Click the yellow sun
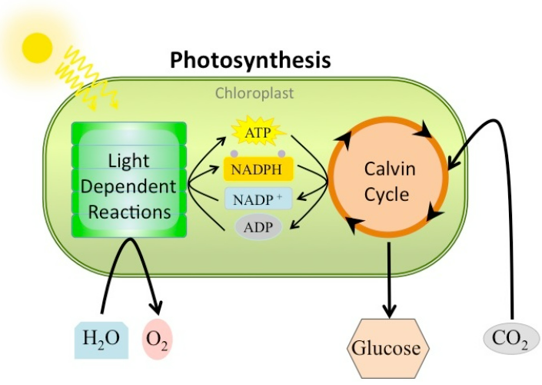point(36,48)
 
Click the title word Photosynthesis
point(250,60)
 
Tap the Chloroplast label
point(254,94)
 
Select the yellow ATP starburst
point(258,133)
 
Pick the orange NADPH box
point(258,168)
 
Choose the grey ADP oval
point(258,226)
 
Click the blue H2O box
point(101,338)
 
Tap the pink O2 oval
point(157,340)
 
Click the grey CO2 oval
point(511,339)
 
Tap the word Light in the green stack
point(129,162)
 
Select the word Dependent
point(129,186)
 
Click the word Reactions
point(129,211)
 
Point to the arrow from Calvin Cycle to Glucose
point(390,277)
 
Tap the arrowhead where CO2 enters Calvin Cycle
point(454,162)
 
